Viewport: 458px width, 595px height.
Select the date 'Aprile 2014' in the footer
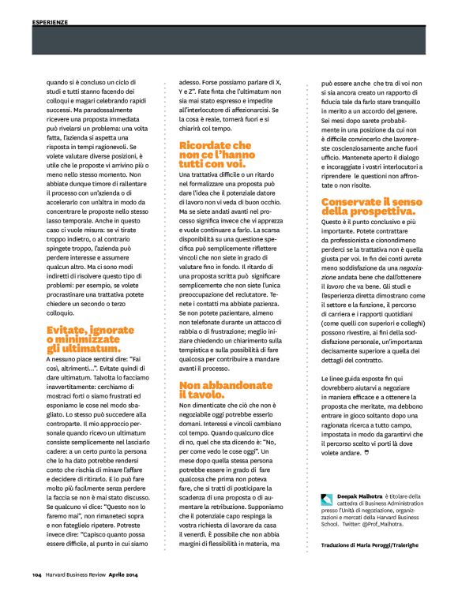(128, 572)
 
